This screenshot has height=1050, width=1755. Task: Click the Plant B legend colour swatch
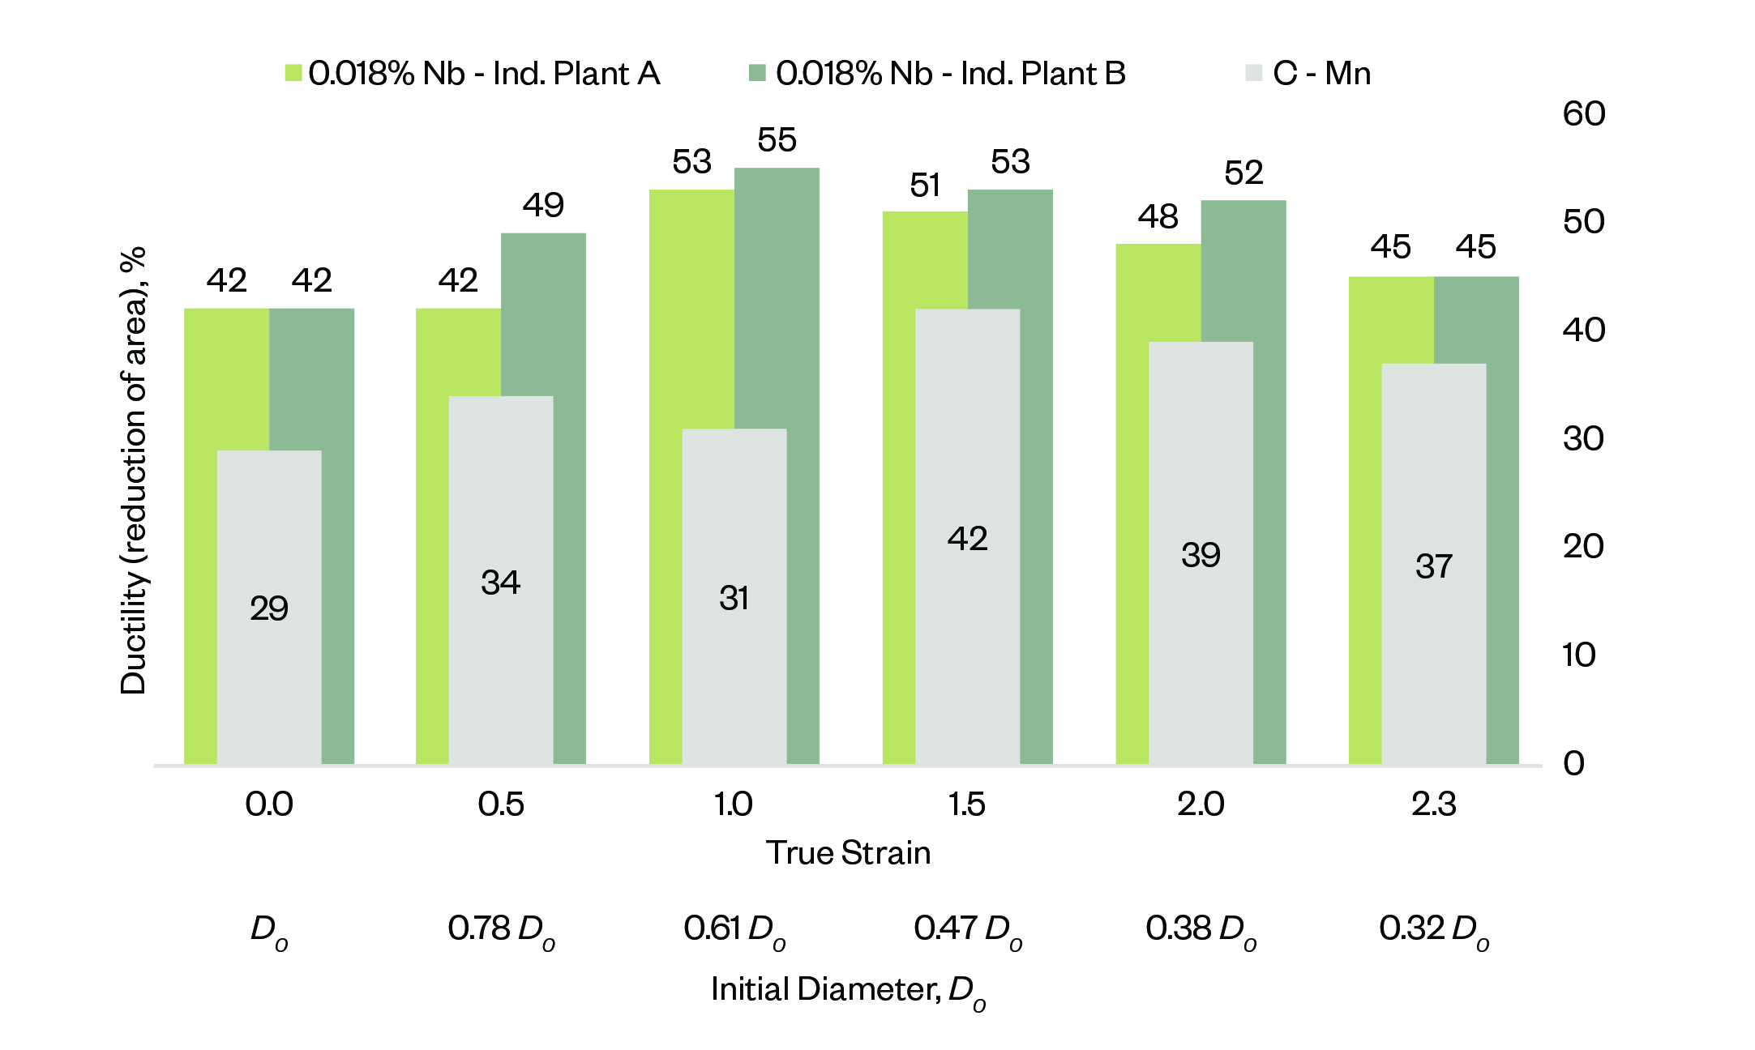pos(757,73)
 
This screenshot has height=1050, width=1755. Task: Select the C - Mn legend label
pos(1321,74)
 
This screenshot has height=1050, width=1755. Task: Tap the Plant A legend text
pos(484,74)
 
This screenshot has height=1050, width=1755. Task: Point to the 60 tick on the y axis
pos(1584,114)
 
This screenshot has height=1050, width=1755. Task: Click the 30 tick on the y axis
pos(1582,438)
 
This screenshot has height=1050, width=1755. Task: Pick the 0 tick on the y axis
pos(1573,763)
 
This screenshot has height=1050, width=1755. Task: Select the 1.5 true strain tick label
pos(966,805)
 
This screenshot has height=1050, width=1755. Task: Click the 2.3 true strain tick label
pos(1433,805)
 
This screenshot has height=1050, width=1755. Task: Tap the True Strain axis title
pos(848,853)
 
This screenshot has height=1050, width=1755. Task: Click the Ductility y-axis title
pos(134,470)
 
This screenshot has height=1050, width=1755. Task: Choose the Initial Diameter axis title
pos(848,991)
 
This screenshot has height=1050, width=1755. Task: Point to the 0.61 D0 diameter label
pos(734,929)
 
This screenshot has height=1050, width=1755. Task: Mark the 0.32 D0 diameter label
pos(1433,929)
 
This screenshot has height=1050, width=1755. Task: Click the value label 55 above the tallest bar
pos(777,140)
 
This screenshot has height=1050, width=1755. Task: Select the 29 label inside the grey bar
pos(269,608)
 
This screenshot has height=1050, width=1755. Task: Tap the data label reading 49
pos(543,205)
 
